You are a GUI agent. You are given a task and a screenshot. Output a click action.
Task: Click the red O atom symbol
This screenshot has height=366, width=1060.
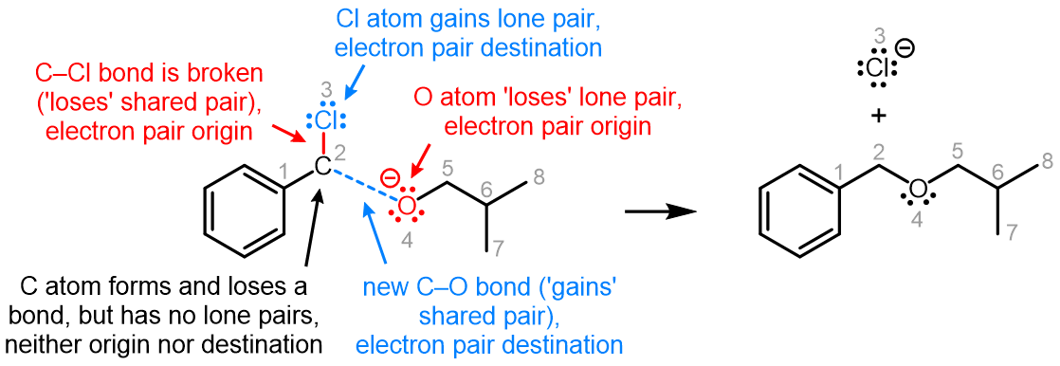tap(407, 205)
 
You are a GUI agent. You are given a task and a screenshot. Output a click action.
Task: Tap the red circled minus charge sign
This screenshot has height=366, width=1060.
tap(389, 177)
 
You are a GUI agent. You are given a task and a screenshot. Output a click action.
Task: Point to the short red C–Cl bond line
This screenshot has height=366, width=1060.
tap(322, 144)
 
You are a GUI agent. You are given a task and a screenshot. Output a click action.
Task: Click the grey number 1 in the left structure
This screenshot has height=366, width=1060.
tap(282, 171)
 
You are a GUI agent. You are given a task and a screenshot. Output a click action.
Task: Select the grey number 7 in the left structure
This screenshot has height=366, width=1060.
tap(499, 248)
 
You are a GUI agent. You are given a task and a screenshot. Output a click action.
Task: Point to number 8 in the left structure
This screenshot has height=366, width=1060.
tap(539, 176)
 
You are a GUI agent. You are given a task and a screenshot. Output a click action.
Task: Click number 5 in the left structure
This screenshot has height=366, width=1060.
tap(448, 169)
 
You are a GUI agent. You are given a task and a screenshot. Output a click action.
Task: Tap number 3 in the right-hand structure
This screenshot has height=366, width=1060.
tap(880, 37)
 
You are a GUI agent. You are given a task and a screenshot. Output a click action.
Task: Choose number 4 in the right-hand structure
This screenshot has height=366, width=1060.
tap(916, 220)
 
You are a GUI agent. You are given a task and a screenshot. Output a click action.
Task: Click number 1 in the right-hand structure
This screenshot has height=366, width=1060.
tap(838, 172)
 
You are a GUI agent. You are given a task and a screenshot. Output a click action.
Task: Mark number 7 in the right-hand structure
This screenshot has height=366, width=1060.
tap(1012, 232)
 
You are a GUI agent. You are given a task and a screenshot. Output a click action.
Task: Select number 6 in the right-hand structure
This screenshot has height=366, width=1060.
tap(997, 172)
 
